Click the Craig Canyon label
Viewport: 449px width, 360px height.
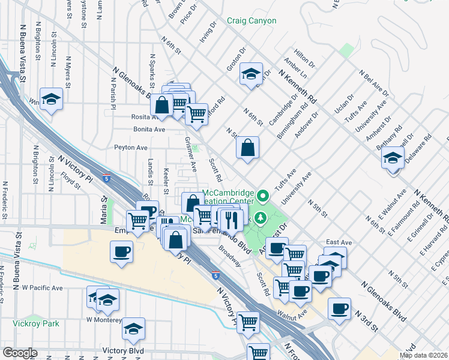252,21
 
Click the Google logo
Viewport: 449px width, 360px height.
20,353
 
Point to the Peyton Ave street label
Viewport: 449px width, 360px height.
131,147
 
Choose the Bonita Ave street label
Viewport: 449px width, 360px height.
148,129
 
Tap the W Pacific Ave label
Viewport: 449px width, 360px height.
42,288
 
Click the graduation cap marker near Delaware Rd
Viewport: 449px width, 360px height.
393,159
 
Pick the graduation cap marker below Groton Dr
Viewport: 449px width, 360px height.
250,74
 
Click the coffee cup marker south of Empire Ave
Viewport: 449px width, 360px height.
122,251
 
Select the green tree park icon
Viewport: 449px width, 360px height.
261,217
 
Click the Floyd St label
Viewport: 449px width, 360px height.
70,181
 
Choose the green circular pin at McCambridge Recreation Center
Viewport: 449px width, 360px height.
262,196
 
